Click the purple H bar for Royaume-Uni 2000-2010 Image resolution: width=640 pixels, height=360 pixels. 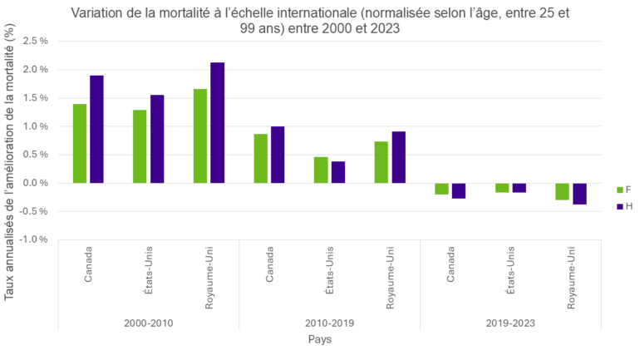217,122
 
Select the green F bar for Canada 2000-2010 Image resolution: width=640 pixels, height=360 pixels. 80,143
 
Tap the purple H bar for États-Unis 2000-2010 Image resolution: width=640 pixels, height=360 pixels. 157,138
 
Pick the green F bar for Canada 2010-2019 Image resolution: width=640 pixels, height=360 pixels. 261,158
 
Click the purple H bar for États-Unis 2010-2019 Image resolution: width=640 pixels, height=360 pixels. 337,172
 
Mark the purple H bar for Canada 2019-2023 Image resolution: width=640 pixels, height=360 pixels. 458,190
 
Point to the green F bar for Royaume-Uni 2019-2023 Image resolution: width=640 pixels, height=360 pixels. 562,191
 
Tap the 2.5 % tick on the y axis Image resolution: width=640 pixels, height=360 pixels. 34,41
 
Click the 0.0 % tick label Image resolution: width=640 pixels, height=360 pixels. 34,183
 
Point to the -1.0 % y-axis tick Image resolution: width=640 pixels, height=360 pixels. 32,239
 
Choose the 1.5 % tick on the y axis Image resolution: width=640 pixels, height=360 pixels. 34,98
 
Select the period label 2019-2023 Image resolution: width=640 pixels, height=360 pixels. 510,323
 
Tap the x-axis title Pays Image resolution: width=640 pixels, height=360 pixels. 320,339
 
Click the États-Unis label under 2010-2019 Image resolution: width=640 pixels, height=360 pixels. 330,268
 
